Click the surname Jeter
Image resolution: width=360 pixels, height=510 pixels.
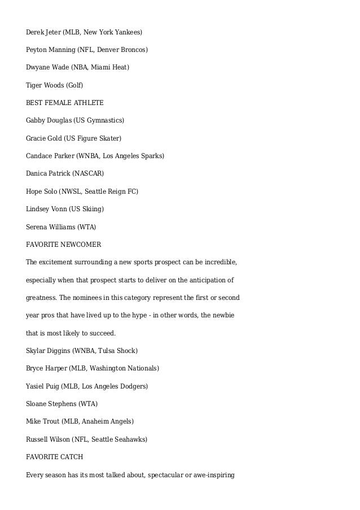52,33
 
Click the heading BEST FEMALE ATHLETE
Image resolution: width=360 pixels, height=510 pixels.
64,103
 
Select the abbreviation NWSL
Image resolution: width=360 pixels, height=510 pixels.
71,191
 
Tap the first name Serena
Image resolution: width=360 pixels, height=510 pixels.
37,227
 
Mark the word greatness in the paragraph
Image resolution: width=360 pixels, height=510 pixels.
41,297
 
